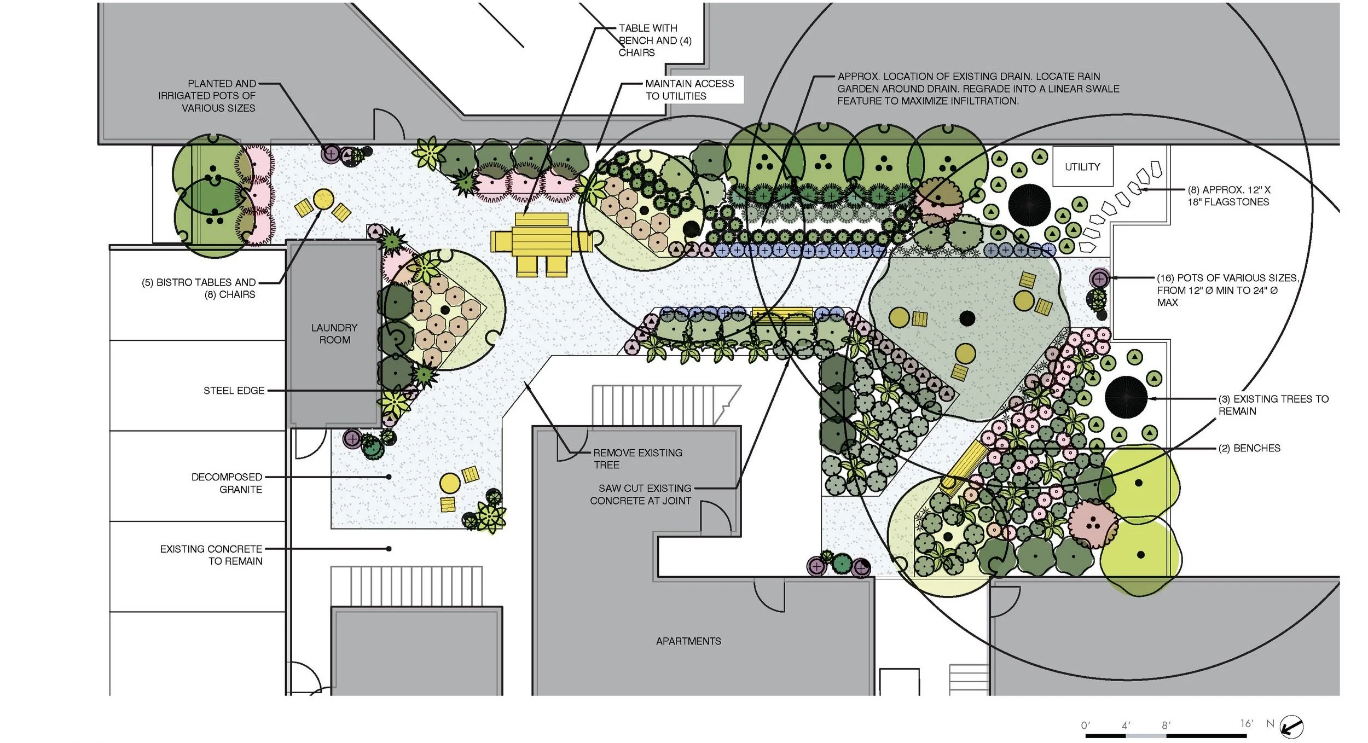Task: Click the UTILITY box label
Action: click(1082, 167)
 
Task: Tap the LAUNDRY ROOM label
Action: click(334, 334)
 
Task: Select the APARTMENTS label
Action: click(688, 641)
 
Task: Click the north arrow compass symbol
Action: click(1292, 727)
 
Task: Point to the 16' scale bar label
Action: click(1246, 723)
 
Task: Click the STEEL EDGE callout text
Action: click(234, 391)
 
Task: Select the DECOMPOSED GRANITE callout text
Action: click(227, 483)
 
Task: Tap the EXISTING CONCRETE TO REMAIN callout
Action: click(211, 555)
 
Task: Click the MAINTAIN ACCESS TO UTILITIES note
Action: click(689, 90)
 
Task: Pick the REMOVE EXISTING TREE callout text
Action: click(637, 458)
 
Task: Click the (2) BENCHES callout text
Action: click(1249, 448)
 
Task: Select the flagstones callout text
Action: click(1228, 196)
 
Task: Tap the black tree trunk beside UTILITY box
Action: click(1029, 203)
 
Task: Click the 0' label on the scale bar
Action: click(1086, 725)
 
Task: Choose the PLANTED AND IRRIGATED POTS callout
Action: click(207, 96)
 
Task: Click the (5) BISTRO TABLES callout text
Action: click(199, 288)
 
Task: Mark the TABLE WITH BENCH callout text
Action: click(655, 40)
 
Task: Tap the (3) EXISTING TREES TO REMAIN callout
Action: click(1273, 405)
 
